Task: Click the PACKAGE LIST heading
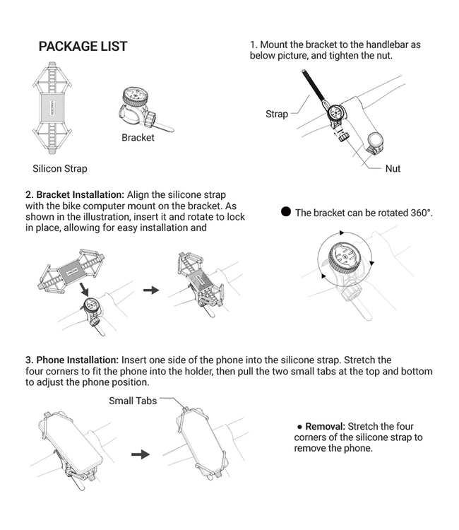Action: pyautogui.click(x=83, y=47)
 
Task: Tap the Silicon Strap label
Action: pyautogui.click(x=60, y=168)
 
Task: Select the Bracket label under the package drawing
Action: pyautogui.click(x=138, y=137)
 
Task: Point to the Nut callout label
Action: pyautogui.click(x=393, y=168)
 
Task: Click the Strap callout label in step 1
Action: pyautogui.click(x=277, y=114)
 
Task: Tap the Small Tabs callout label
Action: pyautogui.click(x=133, y=401)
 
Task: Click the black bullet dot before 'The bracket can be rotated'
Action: pyautogui.click(x=286, y=211)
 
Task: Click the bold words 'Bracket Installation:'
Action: pyautogui.click(x=81, y=195)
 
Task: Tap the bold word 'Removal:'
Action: pyautogui.click(x=325, y=426)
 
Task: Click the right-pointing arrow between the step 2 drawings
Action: pyautogui.click(x=151, y=290)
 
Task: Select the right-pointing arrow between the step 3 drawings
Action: pyautogui.click(x=141, y=454)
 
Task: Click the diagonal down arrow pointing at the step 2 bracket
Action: pyautogui.click(x=84, y=289)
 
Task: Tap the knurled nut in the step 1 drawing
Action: pyautogui.click(x=344, y=137)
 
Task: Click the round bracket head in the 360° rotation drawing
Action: pyautogui.click(x=345, y=257)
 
